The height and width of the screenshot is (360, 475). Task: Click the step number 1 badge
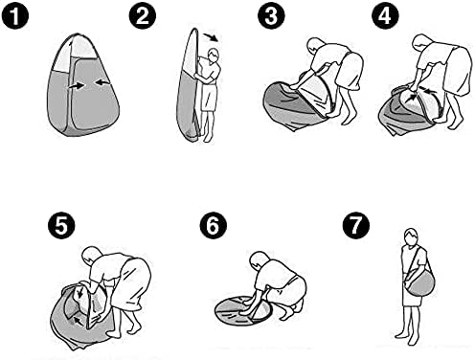[x=15, y=15]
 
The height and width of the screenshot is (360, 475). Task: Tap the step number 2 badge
[x=143, y=15]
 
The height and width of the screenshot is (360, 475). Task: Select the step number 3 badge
[x=271, y=15]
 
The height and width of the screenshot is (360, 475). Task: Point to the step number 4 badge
[x=385, y=15]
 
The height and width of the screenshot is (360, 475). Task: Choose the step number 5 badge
[x=61, y=226]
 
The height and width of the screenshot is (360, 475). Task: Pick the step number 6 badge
[x=214, y=226]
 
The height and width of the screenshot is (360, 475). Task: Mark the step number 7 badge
[x=356, y=226]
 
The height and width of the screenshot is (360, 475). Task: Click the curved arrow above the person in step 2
[x=212, y=36]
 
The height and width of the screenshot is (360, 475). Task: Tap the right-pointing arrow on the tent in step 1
[x=77, y=85]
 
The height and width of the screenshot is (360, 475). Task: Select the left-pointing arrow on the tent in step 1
[x=102, y=82]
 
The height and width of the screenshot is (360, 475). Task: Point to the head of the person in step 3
[x=315, y=46]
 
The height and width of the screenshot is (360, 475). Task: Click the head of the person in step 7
[x=411, y=236]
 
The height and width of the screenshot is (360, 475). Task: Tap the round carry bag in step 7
[x=419, y=282]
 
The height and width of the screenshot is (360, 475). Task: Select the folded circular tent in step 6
[x=243, y=310]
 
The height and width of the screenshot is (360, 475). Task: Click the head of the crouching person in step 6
[x=259, y=259]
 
